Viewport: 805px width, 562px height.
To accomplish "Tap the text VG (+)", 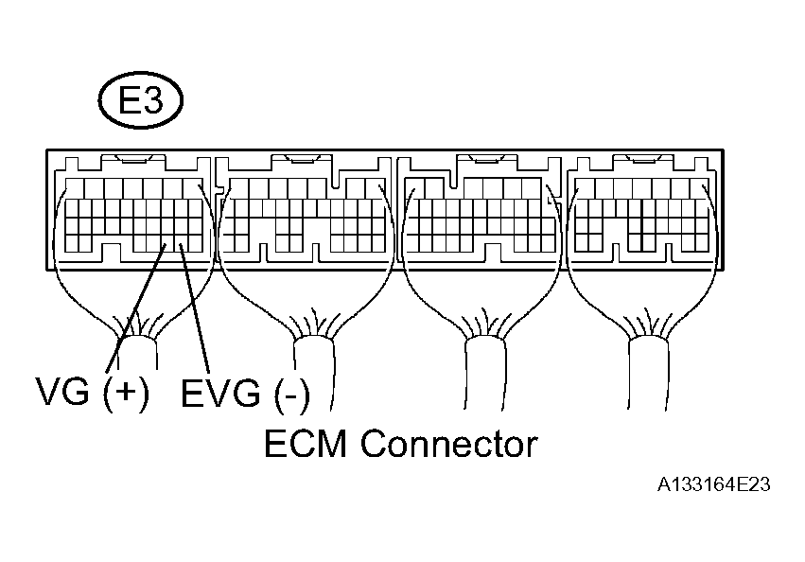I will pos(92,391).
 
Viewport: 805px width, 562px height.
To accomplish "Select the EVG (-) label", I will pos(244,393).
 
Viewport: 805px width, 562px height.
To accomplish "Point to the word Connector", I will pos(449,443).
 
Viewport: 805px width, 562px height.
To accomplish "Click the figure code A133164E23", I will pos(715,484).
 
